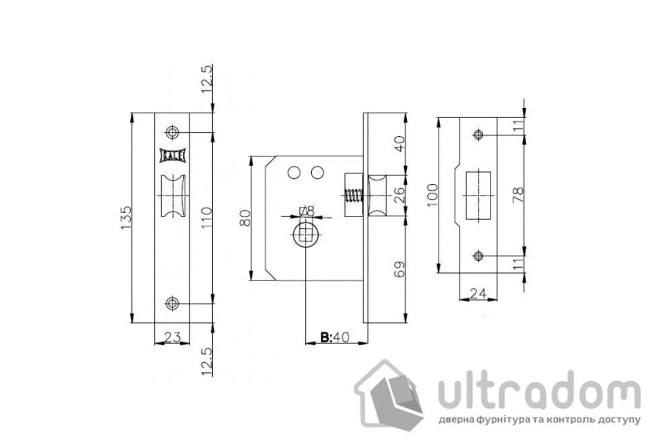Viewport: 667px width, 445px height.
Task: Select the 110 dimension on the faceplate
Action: (207, 218)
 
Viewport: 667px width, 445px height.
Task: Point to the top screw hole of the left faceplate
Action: (172, 132)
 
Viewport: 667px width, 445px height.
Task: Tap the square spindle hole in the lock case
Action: (307, 235)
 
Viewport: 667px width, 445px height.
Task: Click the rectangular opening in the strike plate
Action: (478, 195)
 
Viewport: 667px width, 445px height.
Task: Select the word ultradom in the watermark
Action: (538, 392)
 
